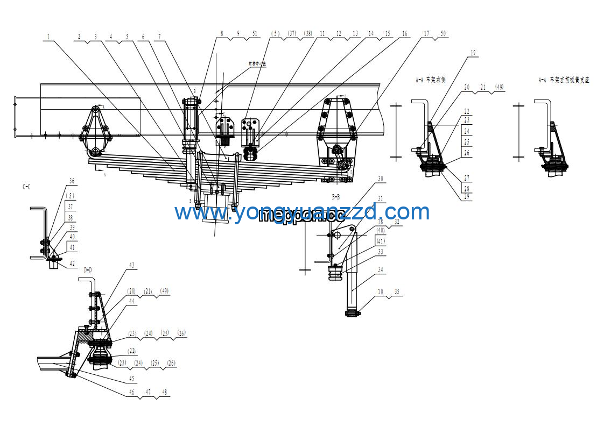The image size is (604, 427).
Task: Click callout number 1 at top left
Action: [48, 37]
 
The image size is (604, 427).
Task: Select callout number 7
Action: [159, 37]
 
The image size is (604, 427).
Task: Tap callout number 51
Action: [255, 33]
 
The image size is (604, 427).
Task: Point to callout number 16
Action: [404, 33]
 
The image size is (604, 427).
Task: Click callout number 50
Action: [443, 33]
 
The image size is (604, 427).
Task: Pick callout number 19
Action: [473, 53]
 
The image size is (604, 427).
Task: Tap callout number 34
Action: [380, 269]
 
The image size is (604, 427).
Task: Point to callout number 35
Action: [397, 292]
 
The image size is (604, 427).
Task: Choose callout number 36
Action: [72, 181]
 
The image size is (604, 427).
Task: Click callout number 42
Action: [72, 264]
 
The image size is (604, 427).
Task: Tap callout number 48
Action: [164, 393]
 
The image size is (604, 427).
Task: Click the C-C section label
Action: [26, 187]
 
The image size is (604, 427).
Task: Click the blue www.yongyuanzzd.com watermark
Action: [302, 212]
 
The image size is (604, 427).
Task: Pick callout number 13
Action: [355, 33]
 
